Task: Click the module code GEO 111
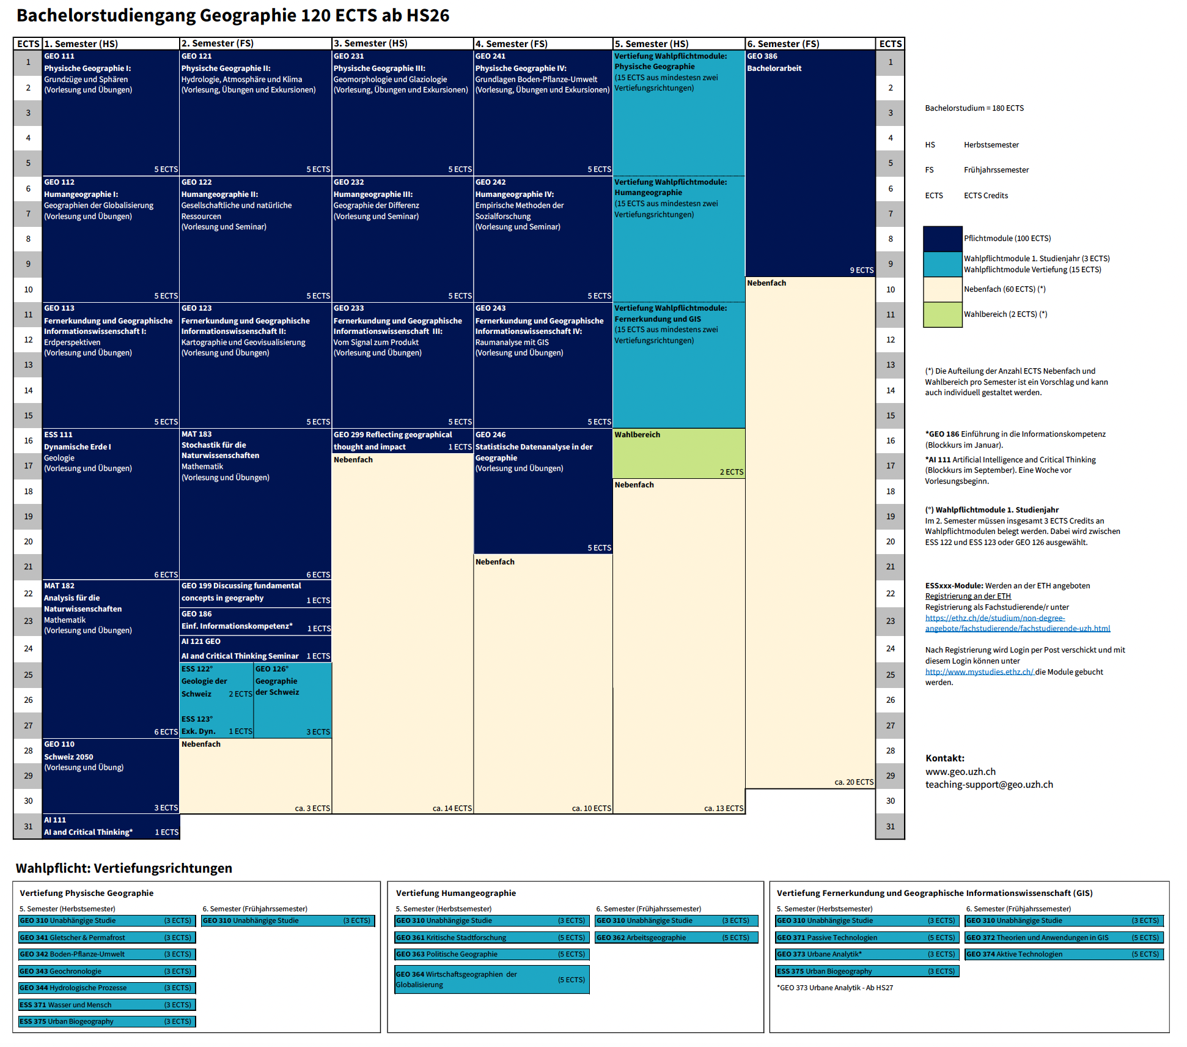tap(59, 56)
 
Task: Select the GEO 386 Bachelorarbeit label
tap(774, 62)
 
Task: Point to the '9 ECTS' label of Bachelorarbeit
tap(861, 270)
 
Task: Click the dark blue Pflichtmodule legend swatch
tap(943, 239)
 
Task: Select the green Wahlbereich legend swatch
tap(943, 315)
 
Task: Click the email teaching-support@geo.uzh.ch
tap(988, 785)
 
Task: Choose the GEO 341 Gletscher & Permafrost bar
tap(106, 938)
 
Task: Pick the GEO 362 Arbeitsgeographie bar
tap(677, 938)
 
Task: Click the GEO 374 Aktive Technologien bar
tap(1064, 954)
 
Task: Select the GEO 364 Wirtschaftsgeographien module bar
tap(491, 980)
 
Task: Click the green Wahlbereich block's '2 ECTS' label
tap(731, 472)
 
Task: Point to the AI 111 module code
tap(55, 820)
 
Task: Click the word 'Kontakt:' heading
tap(944, 758)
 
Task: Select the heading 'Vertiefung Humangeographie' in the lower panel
tap(455, 893)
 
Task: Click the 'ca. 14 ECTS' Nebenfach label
tap(452, 808)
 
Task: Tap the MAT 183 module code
tap(196, 434)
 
